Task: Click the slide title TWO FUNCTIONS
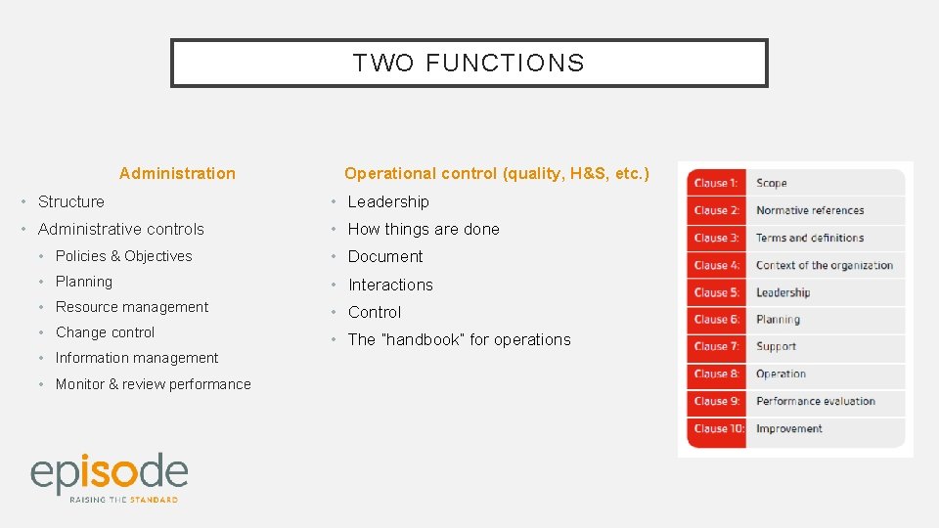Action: click(x=469, y=64)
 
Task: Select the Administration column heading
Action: click(x=177, y=173)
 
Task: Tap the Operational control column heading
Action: click(x=496, y=173)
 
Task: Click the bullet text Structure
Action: click(x=70, y=201)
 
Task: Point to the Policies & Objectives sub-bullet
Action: click(x=123, y=256)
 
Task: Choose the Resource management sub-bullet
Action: click(x=132, y=307)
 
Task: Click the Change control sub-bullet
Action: click(x=105, y=332)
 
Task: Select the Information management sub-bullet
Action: click(x=137, y=358)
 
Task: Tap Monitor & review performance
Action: click(x=153, y=384)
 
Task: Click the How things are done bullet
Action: click(x=424, y=229)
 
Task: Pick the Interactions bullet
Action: click(x=390, y=285)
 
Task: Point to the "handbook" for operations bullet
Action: click(x=459, y=339)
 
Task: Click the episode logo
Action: click(x=109, y=477)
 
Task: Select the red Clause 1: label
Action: click(x=716, y=183)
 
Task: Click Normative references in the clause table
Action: click(x=810, y=210)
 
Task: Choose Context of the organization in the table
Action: click(x=825, y=265)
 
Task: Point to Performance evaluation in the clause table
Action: click(x=815, y=401)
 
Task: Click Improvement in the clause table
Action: click(x=788, y=428)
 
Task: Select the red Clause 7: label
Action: click(x=716, y=346)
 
